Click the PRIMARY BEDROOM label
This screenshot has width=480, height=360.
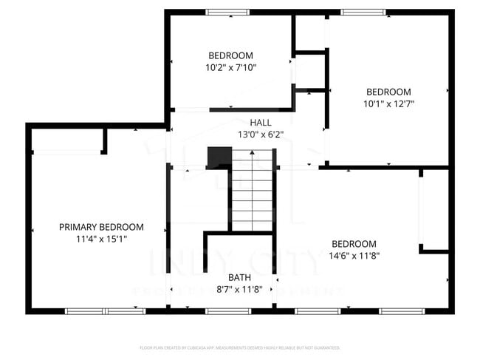101,227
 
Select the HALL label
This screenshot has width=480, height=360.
260,123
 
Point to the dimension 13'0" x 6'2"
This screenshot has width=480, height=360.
260,135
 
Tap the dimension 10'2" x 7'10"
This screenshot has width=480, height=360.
230,67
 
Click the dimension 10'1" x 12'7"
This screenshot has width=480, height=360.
388,103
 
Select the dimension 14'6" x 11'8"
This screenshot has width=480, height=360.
354,256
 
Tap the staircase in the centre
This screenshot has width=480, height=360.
253,188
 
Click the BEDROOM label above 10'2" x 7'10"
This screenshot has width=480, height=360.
230,55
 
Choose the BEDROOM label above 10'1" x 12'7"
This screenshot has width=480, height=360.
388,92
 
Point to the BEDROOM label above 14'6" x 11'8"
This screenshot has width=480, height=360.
354,244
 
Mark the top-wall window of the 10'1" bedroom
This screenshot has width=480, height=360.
363,12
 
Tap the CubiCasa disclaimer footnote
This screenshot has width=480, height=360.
239,347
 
